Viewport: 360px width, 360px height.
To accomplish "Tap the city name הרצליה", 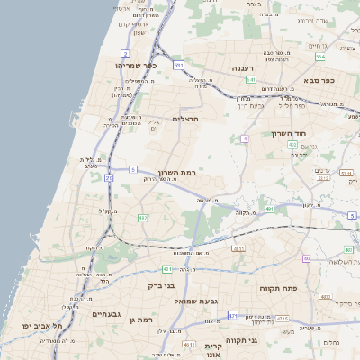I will (x=184, y=118).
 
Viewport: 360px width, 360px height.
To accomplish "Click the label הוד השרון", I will (x=289, y=134).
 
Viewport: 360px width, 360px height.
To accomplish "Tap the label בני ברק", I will (x=160, y=286).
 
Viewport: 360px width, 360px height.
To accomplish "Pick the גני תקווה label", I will (x=265, y=339).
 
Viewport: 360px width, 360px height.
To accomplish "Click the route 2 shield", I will (x=109, y=179).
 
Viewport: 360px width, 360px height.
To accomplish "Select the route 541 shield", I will (x=251, y=80).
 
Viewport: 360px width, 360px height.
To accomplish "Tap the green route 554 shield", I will (x=319, y=57).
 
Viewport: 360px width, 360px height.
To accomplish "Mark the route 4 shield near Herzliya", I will (x=244, y=139).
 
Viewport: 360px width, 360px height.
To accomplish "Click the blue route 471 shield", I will (x=233, y=316).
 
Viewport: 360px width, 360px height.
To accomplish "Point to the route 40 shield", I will (x=306, y=258).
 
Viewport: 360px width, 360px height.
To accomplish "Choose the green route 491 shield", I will (x=269, y=209).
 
